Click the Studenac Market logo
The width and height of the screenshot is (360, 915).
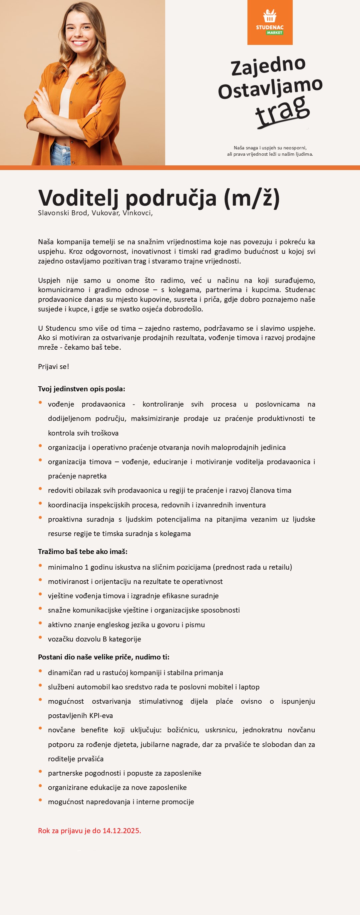tap(270, 22)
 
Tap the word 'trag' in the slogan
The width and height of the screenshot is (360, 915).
tap(282, 110)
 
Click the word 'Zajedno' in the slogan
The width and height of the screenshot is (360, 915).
tap(268, 66)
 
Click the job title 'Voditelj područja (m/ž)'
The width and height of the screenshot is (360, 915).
tap(159, 198)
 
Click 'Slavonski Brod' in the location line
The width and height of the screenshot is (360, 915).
tap(63, 213)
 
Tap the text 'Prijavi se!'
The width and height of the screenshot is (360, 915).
tap(54, 367)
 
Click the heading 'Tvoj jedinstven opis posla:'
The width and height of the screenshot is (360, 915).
tap(81, 389)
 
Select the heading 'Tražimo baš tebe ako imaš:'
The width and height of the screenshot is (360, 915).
tap(83, 551)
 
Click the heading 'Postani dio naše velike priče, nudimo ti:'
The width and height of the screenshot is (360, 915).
tap(104, 657)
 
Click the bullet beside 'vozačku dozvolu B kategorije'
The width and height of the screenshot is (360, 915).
tap(40, 638)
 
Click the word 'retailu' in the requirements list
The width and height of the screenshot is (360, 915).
tap(279, 567)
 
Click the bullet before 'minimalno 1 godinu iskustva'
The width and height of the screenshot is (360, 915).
tap(40, 566)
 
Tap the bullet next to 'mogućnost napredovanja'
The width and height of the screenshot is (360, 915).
tap(40, 800)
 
